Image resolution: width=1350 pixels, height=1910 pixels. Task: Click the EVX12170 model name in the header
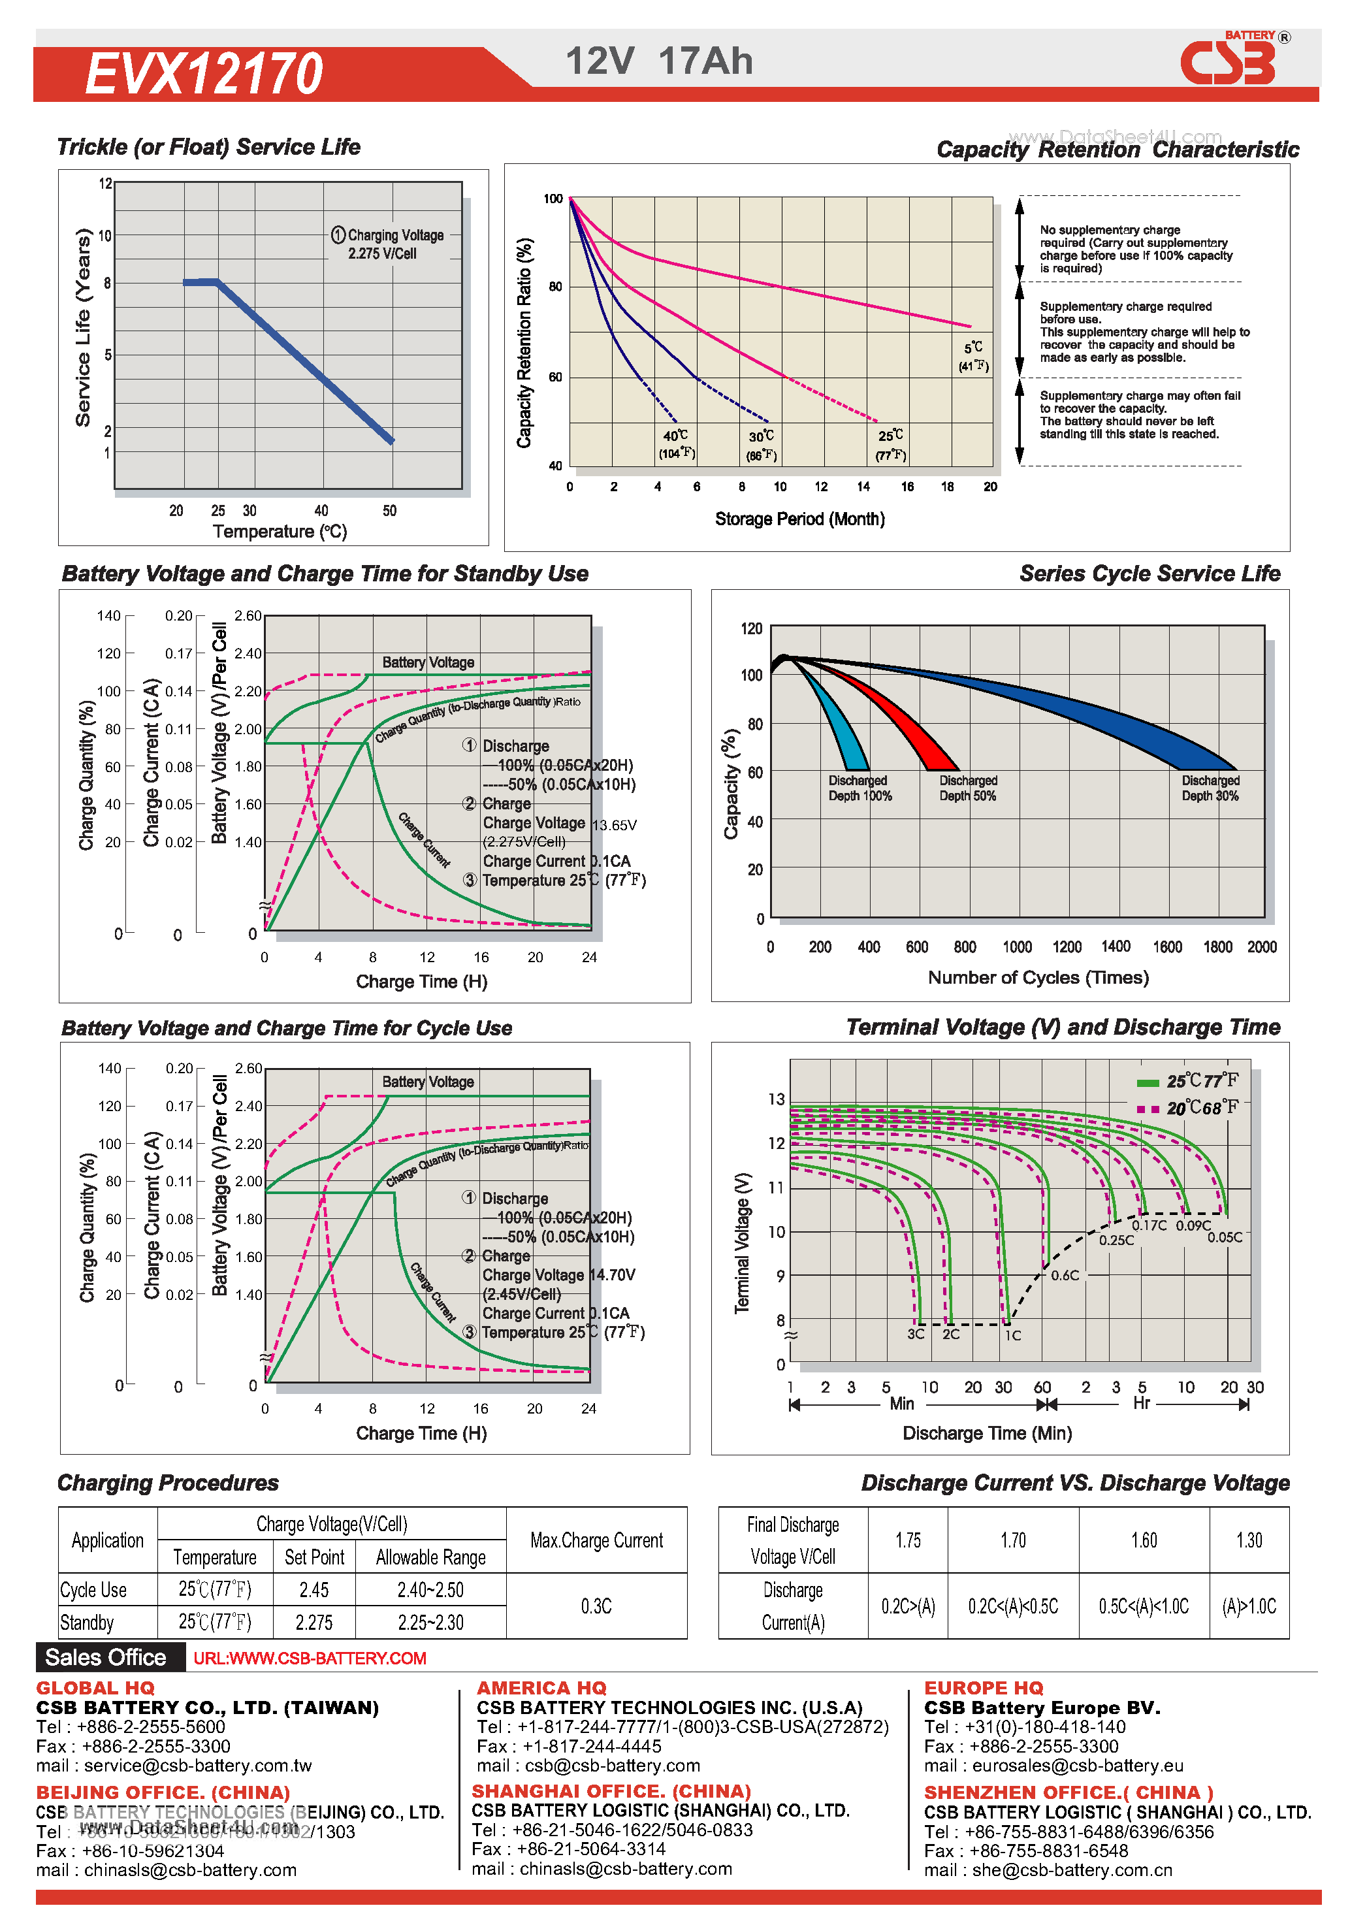pyautogui.click(x=204, y=73)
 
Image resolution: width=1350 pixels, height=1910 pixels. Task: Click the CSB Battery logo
pyautogui.click(x=1229, y=61)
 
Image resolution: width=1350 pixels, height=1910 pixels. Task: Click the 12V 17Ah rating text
pyautogui.click(x=659, y=61)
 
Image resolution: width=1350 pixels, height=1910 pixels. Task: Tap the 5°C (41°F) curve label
pyautogui.click(x=973, y=356)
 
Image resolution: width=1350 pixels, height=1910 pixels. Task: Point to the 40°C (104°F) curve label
pyautogui.click(x=676, y=444)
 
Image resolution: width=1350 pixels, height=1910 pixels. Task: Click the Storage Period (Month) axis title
pyautogui.click(x=799, y=519)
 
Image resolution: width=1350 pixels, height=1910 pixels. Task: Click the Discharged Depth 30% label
pyautogui.click(x=1210, y=788)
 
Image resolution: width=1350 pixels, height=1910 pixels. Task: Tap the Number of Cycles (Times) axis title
pyautogui.click(x=1037, y=977)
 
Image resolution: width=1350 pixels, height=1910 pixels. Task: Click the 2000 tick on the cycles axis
pyautogui.click(x=1261, y=947)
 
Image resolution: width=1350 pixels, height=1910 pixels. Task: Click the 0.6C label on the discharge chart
pyautogui.click(x=1065, y=1275)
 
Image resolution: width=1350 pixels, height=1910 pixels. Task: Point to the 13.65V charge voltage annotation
pyautogui.click(x=614, y=825)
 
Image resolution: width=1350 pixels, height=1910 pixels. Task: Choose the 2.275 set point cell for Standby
pyautogui.click(x=313, y=1622)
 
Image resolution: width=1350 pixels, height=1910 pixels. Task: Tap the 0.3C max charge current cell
pyautogui.click(x=596, y=1606)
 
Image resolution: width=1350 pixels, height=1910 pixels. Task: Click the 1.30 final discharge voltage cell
pyautogui.click(x=1249, y=1541)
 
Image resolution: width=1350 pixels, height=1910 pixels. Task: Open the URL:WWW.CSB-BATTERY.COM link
pyautogui.click(x=310, y=1658)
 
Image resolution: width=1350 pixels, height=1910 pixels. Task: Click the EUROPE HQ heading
pyautogui.click(x=983, y=1688)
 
